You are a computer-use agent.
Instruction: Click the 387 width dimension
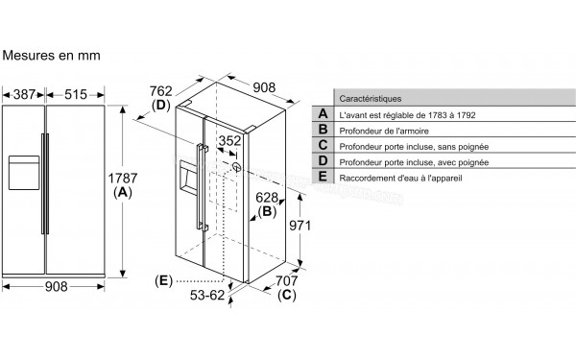click(24, 94)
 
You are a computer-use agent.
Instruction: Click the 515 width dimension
click(76, 94)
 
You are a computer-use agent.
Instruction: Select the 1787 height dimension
click(122, 179)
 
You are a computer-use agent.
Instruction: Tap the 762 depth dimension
click(161, 91)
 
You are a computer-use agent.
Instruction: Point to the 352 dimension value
click(230, 141)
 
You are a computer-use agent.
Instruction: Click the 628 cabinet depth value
click(267, 198)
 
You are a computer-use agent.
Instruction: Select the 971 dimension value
click(300, 226)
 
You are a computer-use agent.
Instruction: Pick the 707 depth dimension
click(286, 281)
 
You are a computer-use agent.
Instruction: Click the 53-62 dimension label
click(207, 295)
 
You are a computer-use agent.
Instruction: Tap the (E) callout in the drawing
click(163, 281)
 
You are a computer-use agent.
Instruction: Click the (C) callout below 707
click(286, 295)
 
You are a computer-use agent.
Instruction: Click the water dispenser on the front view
click(24, 173)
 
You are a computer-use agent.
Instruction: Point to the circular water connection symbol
click(237, 167)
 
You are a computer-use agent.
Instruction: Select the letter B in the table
click(323, 130)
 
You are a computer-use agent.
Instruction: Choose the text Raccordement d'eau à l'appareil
click(400, 179)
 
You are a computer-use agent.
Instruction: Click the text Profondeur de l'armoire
click(384, 131)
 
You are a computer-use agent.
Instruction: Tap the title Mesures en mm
click(51, 56)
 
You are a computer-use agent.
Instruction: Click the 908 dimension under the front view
click(57, 286)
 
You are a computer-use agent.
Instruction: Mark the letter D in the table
click(323, 160)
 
